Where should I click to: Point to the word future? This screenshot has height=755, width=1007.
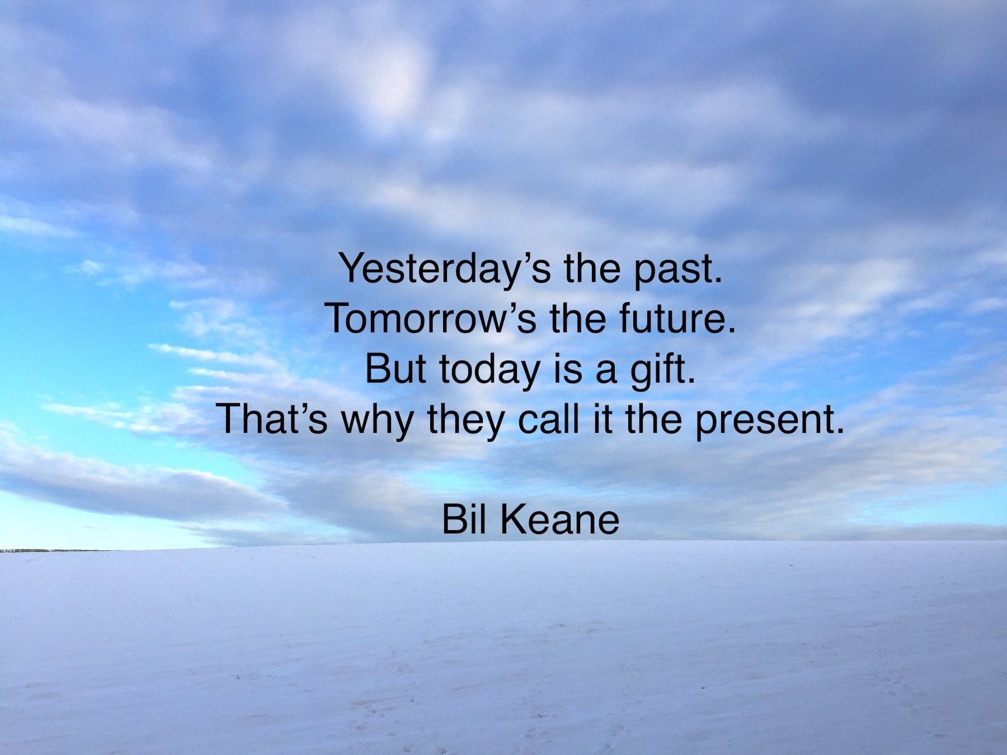click(x=676, y=318)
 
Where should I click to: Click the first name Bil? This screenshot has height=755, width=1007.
click(x=462, y=520)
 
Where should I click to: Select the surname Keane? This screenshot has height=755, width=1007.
click(x=559, y=520)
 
